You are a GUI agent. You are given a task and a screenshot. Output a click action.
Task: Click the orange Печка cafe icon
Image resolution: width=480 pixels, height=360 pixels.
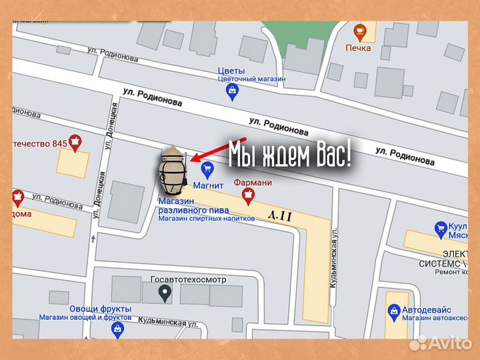[360, 31]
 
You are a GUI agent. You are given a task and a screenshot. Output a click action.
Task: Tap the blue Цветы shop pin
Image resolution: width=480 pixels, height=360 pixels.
[232, 91]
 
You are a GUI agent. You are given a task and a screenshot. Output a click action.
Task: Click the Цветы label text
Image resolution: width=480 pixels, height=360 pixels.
[231, 71]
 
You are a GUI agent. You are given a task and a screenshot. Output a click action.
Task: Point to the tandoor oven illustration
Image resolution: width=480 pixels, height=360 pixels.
[172, 171]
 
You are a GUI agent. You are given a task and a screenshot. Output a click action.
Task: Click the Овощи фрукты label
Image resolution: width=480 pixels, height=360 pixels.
[85, 309]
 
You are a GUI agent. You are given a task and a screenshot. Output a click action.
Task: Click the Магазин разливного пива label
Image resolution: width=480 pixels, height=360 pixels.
[185, 205]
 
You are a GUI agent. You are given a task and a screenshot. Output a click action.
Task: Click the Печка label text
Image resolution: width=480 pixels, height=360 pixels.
[358, 48]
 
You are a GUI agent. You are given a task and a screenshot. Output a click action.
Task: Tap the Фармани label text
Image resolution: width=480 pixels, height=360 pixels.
[253, 182]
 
